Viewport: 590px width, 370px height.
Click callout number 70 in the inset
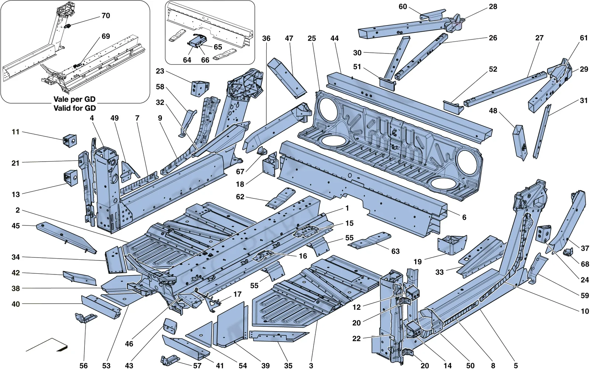105,16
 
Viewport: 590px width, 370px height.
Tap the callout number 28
493,7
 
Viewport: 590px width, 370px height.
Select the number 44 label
334,38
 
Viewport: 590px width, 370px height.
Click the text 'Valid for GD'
75,108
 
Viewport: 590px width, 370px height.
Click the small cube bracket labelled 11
70,141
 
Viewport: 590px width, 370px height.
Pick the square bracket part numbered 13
70,177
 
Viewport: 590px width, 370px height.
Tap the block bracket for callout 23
200,88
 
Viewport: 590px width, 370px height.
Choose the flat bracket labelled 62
280,198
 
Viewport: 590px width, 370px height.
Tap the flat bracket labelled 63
369,240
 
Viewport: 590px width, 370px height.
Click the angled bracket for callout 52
453,107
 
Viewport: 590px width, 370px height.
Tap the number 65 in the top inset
218,47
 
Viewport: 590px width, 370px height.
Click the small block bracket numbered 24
544,234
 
